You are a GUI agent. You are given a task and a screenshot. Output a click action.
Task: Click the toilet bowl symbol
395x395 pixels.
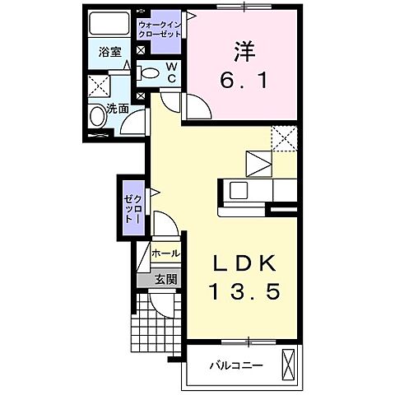[x=150, y=73]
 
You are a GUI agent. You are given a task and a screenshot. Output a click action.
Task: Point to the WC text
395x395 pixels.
[x=171, y=72]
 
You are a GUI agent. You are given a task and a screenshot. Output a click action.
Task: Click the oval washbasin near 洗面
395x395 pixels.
[x=97, y=116]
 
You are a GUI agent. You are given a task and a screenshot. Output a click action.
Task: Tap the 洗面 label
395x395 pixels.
[x=117, y=108]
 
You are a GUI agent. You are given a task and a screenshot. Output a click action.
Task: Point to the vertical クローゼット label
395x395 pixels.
[x=133, y=210]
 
